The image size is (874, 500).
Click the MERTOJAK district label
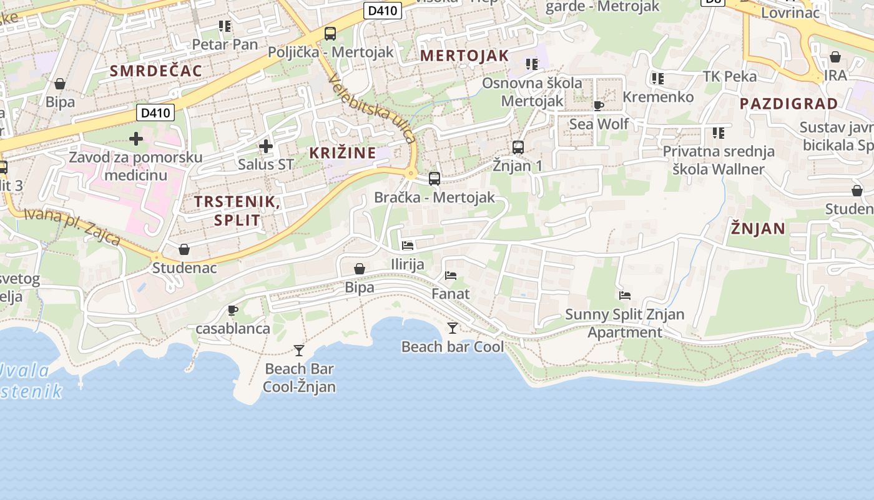[464, 55]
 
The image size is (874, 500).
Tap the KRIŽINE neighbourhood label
[343, 152]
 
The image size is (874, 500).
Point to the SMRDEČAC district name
[156, 71]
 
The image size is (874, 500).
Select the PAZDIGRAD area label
[788, 104]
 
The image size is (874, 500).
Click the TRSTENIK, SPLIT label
[237, 211]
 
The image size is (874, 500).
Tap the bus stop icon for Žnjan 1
[518, 147]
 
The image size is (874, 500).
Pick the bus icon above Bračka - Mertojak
[435, 179]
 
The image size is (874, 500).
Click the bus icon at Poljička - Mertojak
[330, 34]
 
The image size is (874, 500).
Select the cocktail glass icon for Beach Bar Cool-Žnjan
[299, 351]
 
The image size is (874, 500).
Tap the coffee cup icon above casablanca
[233, 310]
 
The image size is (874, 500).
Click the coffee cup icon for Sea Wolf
[599, 106]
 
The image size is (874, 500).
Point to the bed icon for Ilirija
[408, 246]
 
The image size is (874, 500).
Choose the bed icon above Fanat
[451, 275]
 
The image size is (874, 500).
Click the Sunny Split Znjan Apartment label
[624, 323]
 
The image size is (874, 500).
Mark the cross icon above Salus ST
[266, 146]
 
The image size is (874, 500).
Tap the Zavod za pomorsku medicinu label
[135, 166]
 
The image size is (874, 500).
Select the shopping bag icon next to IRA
[835, 57]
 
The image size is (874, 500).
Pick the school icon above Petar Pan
[225, 26]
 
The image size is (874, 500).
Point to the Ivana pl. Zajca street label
[72, 226]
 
